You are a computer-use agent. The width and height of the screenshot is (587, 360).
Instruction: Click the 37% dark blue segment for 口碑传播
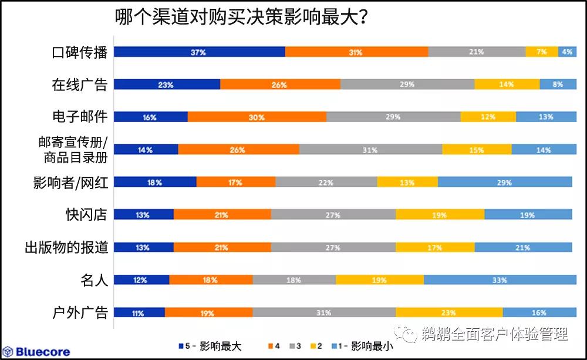point(199,52)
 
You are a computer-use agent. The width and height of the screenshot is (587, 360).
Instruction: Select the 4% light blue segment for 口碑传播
point(566,52)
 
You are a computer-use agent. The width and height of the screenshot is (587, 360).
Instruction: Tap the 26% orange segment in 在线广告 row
point(279,85)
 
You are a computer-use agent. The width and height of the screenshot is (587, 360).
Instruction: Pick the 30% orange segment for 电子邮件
point(257,117)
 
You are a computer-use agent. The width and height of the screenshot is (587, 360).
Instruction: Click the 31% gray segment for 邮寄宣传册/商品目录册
point(370,150)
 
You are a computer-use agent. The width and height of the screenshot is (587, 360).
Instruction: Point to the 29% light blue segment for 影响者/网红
point(504,182)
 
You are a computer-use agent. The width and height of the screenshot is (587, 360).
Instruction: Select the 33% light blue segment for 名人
point(499,280)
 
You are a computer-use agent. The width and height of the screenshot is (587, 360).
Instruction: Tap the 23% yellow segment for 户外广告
point(448,313)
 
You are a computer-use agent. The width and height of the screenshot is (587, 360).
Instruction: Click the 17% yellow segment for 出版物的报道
point(434,248)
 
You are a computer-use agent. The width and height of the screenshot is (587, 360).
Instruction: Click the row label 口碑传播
point(79,52)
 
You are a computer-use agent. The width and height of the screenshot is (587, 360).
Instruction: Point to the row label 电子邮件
point(79,117)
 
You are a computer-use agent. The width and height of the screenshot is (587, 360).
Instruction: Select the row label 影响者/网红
point(70,183)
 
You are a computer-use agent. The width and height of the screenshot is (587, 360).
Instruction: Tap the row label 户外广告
point(79,312)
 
